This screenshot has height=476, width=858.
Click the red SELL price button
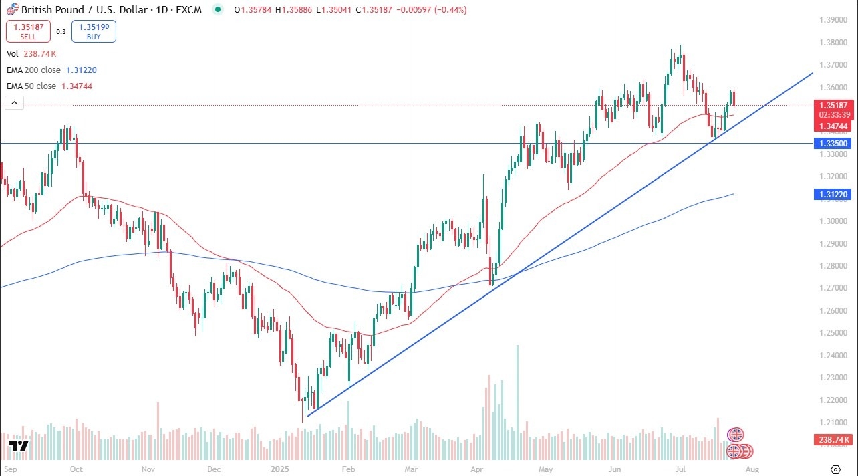coord(28,31)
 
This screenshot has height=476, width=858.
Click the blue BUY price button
coord(94,31)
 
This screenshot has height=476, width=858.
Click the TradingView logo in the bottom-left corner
coord(18,446)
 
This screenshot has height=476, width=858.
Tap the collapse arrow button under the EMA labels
coord(14,102)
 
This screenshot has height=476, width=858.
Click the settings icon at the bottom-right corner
coord(835,469)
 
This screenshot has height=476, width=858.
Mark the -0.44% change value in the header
coord(452,10)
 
